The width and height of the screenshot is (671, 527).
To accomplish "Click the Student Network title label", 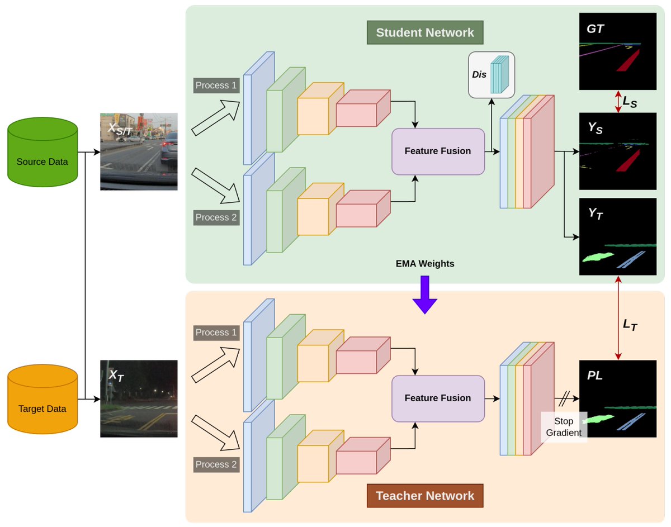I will (x=425, y=32).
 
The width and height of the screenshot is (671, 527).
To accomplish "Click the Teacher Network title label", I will (x=425, y=496).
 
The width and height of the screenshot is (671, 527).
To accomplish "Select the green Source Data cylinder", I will (x=42, y=152).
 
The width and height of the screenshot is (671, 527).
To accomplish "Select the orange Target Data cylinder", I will (x=42, y=399).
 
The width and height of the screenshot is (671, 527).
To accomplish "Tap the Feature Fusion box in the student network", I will (x=438, y=151).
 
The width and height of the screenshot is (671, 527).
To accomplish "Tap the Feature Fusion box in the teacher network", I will (x=438, y=398).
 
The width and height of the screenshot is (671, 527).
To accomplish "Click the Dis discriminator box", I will (x=492, y=75).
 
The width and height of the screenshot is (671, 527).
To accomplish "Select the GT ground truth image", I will (x=617, y=51).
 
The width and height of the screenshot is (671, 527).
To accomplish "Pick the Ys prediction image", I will (x=617, y=151).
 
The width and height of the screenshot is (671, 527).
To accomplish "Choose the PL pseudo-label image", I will (x=617, y=398).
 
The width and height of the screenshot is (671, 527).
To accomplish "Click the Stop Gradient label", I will (x=564, y=427).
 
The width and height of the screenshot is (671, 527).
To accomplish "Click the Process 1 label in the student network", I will (x=216, y=86).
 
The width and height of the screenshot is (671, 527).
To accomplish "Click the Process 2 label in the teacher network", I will (x=216, y=464).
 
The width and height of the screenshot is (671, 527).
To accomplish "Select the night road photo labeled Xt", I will (x=139, y=398).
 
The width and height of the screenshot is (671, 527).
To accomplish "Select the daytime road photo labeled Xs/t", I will (x=139, y=151).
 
